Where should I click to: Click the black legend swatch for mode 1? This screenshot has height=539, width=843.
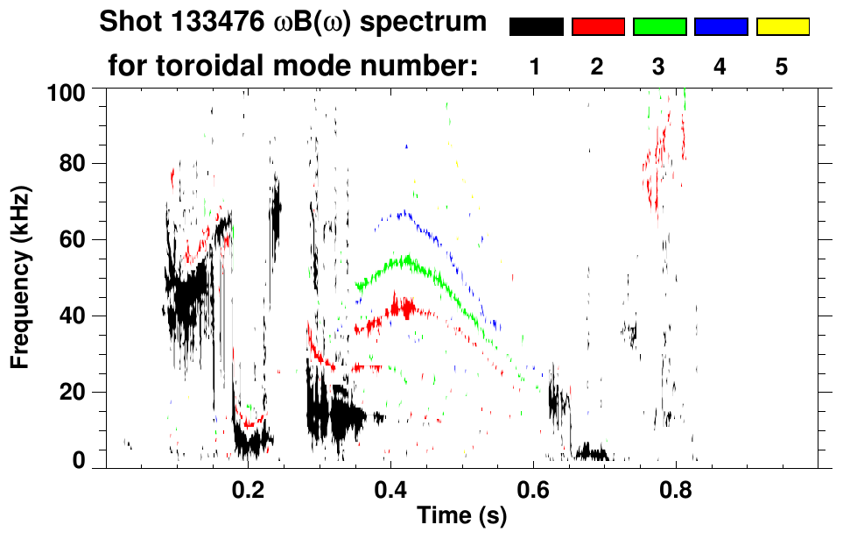pyautogui.click(x=537, y=27)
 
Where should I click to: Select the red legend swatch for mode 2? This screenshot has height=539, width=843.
pyautogui.click(x=598, y=27)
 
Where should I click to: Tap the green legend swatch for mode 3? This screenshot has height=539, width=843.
pyautogui.click(x=659, y=27)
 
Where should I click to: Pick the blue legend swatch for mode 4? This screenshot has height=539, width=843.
pyautogui.click(x=720, y=27)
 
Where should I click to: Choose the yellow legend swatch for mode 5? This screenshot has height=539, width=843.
pyautogui.click(x=782, y=27)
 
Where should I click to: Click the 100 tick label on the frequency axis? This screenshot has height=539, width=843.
pyautogui.click(x=66, y=91)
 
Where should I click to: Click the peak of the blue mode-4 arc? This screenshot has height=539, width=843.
pyautogui.click(x=403, y=213)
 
